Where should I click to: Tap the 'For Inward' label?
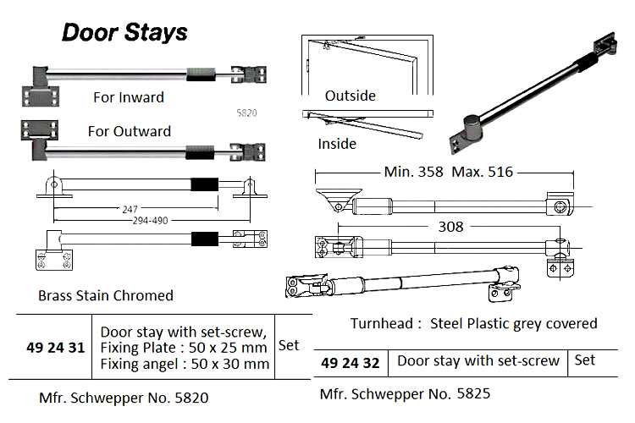click(x=129, y=97)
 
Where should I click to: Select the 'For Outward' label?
click(x=129, y=131)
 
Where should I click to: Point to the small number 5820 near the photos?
click(x=246, y=112)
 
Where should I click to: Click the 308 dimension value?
click(x=451, y=227)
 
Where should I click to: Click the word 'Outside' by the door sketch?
click(x=350, y=96)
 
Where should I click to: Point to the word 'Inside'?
click(x=337, y=144)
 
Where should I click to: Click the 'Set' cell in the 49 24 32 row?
click(x=585, y=360)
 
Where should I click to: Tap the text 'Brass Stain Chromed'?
click(x=106, y=296)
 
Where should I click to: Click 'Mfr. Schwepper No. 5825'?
click(x=406, y=393)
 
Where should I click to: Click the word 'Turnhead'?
click(x=381, y=323)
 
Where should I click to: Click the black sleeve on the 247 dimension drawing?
click(x=204, y=185)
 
